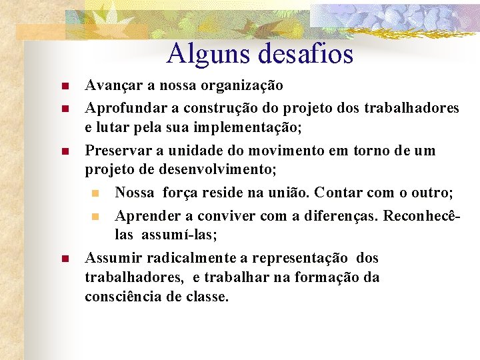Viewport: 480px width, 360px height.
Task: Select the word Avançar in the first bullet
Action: coord(111,86)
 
